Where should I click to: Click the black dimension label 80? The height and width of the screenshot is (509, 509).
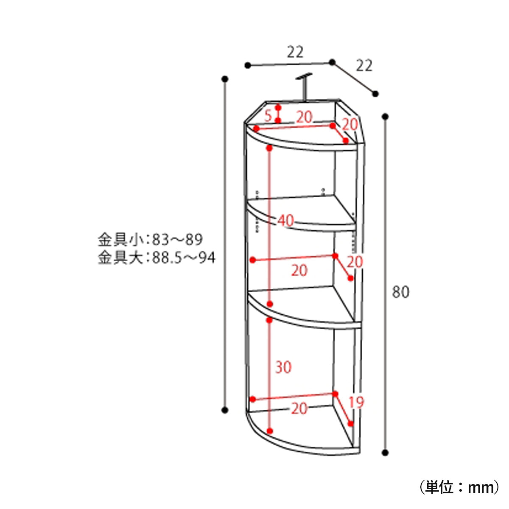click(x=400, y=292)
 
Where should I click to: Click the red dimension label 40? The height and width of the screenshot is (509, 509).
click(x=285, y=220)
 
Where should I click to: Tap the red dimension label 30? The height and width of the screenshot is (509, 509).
click(x=283, y=367)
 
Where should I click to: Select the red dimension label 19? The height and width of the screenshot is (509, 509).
click(x=356, y=402)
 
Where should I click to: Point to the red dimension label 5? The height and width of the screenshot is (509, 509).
click(x=268, y=116)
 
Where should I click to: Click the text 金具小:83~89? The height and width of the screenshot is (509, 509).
click(x=150, y=239)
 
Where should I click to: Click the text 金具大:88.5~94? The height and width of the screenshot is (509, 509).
click(x=157, y=257)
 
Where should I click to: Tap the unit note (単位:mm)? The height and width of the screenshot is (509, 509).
click(x=459, y=487)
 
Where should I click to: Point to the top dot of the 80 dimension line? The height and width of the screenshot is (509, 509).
click(x=385, y=117)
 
